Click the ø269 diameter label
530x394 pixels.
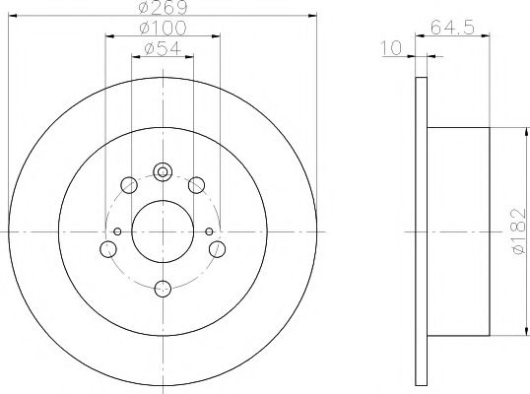(163, 9)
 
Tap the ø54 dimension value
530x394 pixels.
(163, 49)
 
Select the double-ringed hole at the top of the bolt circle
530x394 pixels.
(164, 171)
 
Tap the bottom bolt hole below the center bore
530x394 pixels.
(164, 289)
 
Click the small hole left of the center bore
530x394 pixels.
(116, 230)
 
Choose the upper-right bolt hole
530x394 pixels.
(197, 183)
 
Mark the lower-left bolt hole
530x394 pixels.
(107, 248)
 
